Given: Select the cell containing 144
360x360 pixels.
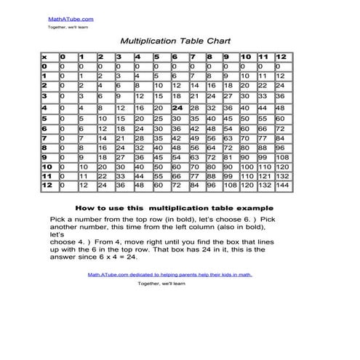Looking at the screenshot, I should tap(282, 186).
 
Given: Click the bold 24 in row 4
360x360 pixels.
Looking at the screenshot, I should tap(176, 107).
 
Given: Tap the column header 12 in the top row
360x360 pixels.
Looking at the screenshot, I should tap(281, 56).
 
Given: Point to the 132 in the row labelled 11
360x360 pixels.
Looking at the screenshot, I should tap(282, 176).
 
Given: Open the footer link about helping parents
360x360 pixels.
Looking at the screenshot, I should tap(169, 275).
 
